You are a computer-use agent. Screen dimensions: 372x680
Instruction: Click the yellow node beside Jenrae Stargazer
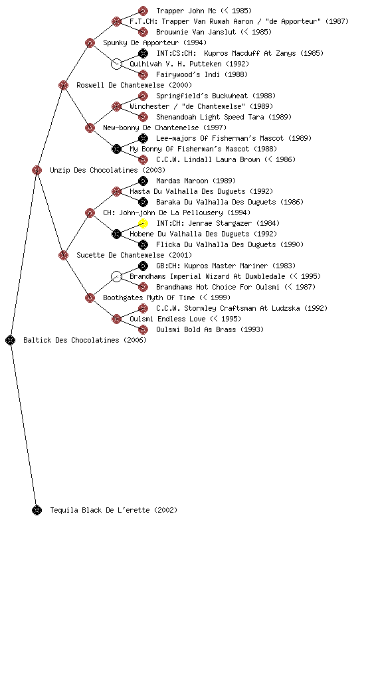[x=143, y=223]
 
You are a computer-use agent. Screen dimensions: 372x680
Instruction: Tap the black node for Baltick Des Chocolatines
[x=11, y=340]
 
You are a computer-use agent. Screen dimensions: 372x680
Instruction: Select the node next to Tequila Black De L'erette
[x=37, y=510]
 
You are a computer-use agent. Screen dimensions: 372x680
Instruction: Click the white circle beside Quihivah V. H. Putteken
[x=116, y=64]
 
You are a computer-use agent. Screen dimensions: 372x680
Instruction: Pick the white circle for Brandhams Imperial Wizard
[x=116, y=276]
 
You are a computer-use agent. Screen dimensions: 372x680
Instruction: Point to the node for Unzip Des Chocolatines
[x=37, y=170]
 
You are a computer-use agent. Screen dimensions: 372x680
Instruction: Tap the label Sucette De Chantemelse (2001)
[x=134, y=255]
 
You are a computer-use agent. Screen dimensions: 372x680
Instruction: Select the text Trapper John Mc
[x=186, y=11]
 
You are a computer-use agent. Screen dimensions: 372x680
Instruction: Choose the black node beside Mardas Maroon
[x=143, y=181]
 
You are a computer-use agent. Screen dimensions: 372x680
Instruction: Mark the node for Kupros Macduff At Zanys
[x=143, y=53]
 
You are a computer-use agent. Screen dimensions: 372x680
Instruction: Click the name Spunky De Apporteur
[x=140, y=42]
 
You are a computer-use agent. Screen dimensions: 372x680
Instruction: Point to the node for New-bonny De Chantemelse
[x=90, y=127]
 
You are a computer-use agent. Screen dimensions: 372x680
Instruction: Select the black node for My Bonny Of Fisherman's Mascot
[x=116, y=149]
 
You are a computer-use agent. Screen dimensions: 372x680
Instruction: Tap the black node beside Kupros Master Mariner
[x=143, y=266]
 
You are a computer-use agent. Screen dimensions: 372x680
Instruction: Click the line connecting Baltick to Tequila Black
[x=23, y=425]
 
